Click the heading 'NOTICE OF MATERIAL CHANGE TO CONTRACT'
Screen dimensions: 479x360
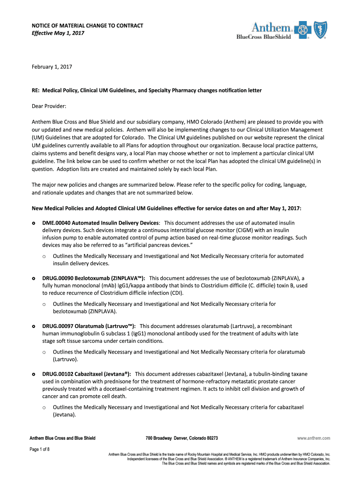click(87, 25)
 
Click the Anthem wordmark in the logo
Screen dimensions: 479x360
click(272, 27)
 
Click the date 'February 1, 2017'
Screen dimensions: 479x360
click(52, 66)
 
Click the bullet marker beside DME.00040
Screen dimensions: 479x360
click(33, 224)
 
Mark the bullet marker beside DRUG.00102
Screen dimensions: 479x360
click(33, 375)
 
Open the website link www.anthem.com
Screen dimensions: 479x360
click(314, 438)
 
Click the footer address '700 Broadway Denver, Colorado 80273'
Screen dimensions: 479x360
click(181, 438)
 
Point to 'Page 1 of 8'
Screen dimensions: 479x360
click(40, 450)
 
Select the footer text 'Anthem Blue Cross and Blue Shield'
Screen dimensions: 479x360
click(63, 438)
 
